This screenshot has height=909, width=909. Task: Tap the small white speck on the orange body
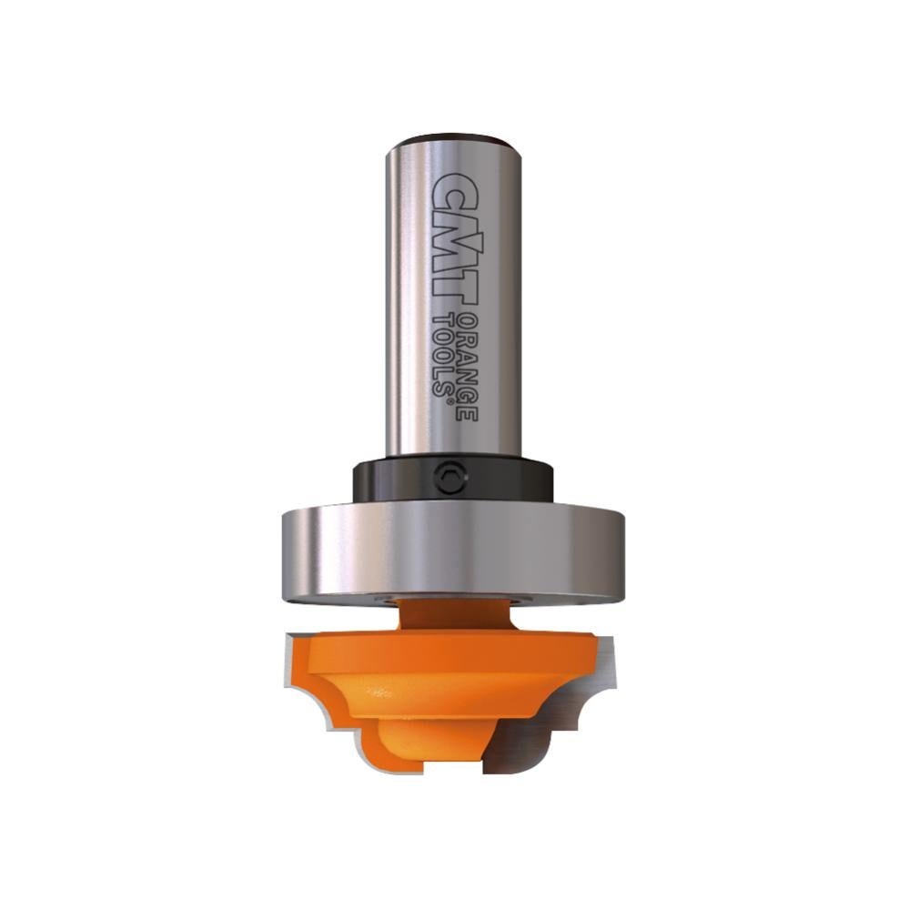tap(383, 693)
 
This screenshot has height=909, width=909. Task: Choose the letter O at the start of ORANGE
tap(466, 319)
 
